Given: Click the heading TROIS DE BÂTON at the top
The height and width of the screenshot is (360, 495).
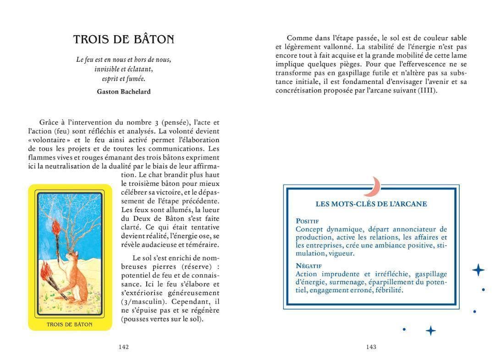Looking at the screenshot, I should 124,39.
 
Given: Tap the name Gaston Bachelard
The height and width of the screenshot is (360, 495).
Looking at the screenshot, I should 124,92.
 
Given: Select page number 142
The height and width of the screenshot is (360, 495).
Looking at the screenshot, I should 123,347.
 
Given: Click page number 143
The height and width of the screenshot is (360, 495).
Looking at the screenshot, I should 371,347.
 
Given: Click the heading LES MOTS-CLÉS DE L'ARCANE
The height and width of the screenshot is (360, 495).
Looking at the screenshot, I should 371,204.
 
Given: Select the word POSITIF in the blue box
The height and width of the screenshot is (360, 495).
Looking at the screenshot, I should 307,221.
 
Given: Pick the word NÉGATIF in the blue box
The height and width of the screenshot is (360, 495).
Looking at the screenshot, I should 309,266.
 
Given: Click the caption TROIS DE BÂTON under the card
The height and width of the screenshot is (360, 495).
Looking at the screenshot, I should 70,324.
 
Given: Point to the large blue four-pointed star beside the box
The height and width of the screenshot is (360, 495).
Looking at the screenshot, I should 478,270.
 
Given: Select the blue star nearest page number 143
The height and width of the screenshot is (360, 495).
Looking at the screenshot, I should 430,330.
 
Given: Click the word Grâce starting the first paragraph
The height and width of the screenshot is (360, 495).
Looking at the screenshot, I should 49,122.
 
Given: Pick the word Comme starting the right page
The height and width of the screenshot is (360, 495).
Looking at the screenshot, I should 297,38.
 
